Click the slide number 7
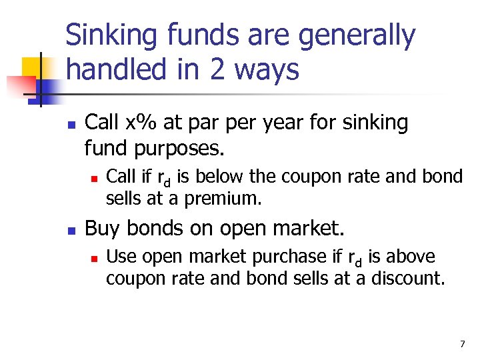462,344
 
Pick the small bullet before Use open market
95,257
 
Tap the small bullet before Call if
95,177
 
